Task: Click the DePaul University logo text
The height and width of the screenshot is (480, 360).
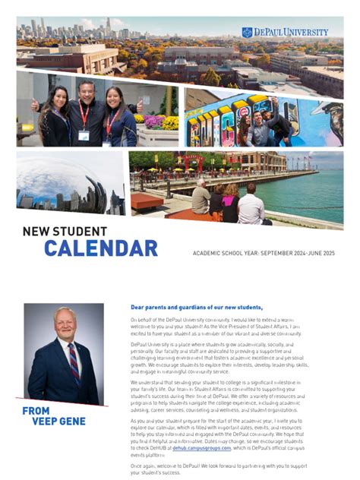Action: [x=290, y=32]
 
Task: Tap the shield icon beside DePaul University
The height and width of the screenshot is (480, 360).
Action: [x=247, y=32]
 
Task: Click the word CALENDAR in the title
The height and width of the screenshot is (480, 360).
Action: [x=100, y=248]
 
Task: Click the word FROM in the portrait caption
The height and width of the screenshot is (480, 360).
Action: [x=36, y=411]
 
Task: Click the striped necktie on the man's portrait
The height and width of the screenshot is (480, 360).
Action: [x=74, y=363]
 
